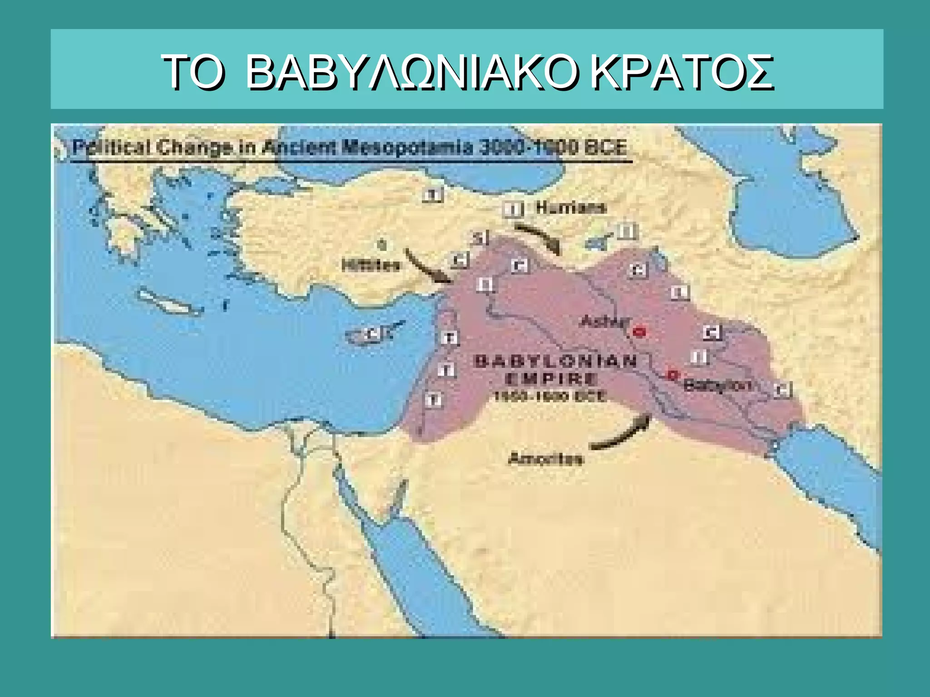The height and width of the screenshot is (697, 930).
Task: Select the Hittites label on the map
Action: tap(371, 265)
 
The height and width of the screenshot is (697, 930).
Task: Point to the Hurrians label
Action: tap(571, 208)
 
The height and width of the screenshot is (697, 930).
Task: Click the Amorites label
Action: tap(545, 459)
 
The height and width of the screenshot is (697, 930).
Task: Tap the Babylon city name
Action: tap(717, 386)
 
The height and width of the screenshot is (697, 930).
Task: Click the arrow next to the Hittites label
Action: tap(427, 268)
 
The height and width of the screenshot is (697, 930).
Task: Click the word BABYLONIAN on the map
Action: tap(555, 362)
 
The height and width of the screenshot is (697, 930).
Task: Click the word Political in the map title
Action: tap(111, 148)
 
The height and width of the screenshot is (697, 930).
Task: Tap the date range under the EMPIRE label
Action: tap(549, 396)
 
